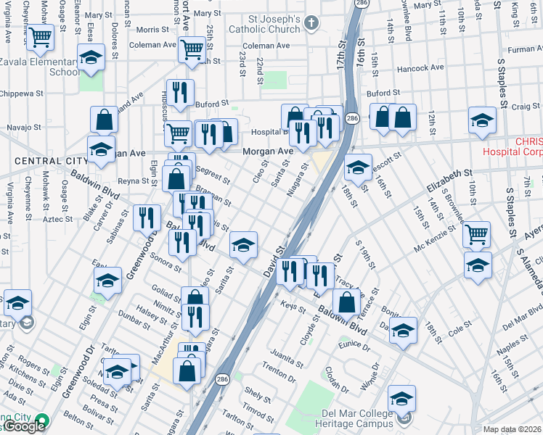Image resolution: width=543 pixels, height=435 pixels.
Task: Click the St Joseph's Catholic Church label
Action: click(x=264, y=24)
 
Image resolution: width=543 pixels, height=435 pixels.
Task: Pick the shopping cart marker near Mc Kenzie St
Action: click(x=477, y=234)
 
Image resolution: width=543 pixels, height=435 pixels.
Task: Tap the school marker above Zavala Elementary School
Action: click(x=91, y=57)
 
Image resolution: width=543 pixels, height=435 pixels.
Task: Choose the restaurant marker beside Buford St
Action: click(x=180, y=92)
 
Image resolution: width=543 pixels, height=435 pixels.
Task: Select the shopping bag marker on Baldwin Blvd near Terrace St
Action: click(x=348, y=301)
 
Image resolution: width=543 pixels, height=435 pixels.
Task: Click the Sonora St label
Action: click(x=166, y=264)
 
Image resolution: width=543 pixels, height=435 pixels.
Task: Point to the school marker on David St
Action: click(x=244, y=245)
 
